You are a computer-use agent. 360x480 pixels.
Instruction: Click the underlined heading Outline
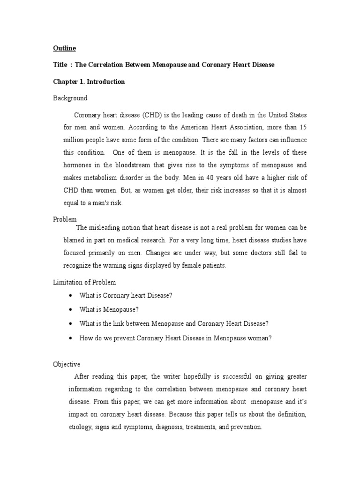coord(64,48)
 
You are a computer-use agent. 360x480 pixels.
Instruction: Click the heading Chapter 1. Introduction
coord(89,82)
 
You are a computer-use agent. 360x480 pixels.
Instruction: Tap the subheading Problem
coord(65,219)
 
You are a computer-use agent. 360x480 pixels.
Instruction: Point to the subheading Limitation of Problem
coord(84,282)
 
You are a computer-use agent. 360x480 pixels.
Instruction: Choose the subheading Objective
coord(66,364)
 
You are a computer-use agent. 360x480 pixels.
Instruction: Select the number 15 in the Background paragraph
coord(304,127)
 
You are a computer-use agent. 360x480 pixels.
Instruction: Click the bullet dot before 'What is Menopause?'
coord(70,310)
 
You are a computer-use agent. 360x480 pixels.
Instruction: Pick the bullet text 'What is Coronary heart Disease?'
coord(126,296)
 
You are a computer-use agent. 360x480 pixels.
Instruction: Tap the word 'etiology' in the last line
coord(80,427)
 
